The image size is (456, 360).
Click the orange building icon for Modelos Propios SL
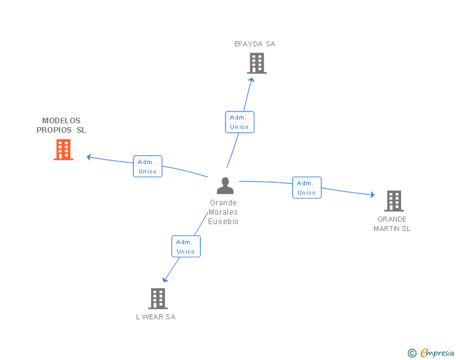click(x=63, y=150)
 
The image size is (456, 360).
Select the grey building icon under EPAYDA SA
click(x=257, y=63)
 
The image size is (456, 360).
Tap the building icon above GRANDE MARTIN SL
click(x=393, y=201)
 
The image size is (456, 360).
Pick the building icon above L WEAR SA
click(x=158, y=299)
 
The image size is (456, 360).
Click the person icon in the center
click(x=225, y=186)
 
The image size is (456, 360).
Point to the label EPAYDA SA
click(x=254, y=44)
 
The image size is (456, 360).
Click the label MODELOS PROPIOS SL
click(x=61, y=125)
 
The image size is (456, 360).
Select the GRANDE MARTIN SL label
click(x=392, y=224)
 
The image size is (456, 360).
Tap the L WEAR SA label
click(x=156, y=317)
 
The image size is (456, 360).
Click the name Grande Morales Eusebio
click(x=224, y=212)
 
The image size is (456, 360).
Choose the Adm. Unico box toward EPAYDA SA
click(x=239, y=122)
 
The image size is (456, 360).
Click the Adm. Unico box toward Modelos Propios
click(x=148, y=167)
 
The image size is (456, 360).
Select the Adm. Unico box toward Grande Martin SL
click(x=307, y=188)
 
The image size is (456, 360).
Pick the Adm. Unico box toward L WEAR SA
click(x=186, y=247)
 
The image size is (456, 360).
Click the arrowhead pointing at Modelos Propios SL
click(x=88, y=157)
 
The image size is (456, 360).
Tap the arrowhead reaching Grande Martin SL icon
click(x=373, y=195)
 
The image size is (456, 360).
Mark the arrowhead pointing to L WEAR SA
click(x=165, y=280)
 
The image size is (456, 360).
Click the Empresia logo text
click(x=437, y=353)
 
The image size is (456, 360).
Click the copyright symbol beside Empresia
click(x=412, y=354)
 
